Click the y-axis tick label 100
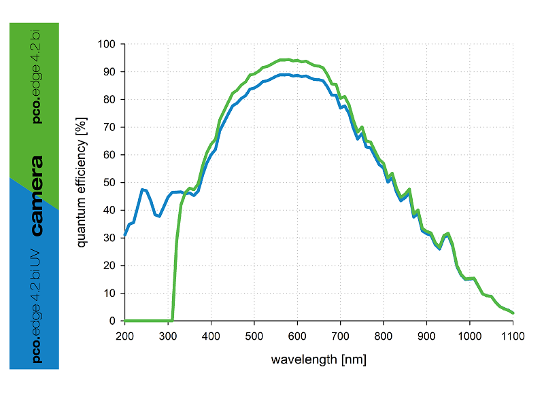108,44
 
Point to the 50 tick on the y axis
111,183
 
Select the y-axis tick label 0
114,321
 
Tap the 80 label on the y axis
111,99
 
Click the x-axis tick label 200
124,335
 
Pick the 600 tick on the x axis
297,335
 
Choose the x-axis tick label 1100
513,335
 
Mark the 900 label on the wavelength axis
426,335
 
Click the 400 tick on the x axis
211,335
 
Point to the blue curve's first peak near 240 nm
142,190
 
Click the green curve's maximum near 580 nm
288,60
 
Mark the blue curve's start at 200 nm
125,235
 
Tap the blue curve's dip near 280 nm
160,216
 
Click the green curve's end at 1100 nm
513,313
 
